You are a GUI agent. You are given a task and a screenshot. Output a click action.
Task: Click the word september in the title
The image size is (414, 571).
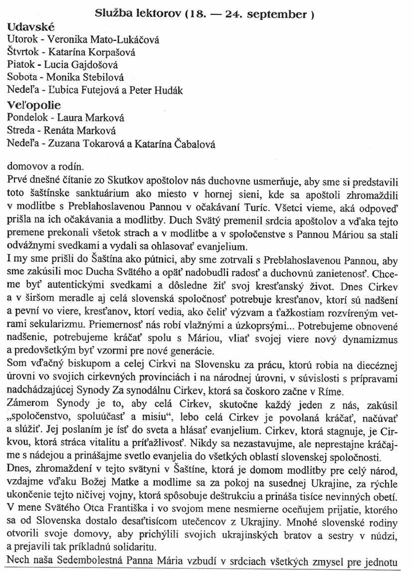point(281,14)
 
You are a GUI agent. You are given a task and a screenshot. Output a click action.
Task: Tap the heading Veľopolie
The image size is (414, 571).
point(33,105)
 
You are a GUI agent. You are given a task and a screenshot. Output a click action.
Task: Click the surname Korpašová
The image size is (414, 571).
point(112,52)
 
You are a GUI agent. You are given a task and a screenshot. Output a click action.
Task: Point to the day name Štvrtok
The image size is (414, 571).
point(23,52)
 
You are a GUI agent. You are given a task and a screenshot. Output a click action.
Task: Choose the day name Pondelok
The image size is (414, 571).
point(28,118)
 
